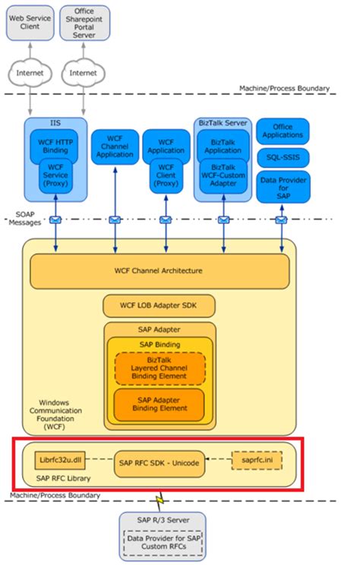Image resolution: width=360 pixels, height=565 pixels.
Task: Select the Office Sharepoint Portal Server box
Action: click(84, 22)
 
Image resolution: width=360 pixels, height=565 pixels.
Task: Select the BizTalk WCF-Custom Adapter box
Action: click(223, 177)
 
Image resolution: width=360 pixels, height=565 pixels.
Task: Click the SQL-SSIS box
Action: click(282, 157)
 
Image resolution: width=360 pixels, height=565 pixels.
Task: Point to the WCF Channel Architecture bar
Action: click(159, 271)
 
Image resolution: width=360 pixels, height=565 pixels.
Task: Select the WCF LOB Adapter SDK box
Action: click(159, 307)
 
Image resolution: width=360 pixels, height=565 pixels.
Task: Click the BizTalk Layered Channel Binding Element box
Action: click(159, 369)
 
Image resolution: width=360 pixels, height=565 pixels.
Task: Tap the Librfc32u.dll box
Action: click(57, 460)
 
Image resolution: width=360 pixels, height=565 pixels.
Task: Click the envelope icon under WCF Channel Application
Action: click(115, 220)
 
